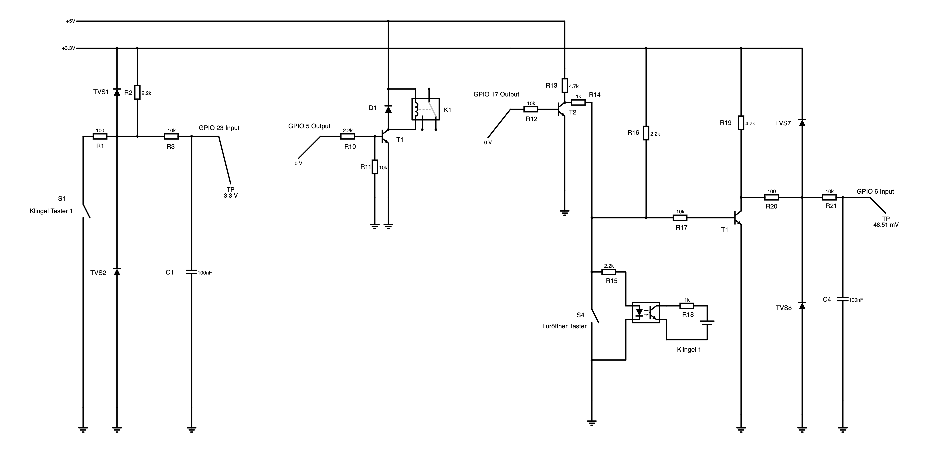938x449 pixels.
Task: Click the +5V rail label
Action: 71,21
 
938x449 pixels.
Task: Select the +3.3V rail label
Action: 69,48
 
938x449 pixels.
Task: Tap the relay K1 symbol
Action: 425,109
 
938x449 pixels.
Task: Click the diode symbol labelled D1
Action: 388,109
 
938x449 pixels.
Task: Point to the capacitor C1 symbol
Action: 192,272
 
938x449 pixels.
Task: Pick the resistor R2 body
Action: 137,92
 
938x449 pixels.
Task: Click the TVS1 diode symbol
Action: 117,92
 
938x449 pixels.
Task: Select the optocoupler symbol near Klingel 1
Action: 646,313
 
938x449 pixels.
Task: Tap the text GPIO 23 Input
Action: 219,128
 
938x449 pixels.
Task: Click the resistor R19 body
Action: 741,123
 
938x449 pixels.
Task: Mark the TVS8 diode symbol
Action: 802,306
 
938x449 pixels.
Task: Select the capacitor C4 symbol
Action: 843,299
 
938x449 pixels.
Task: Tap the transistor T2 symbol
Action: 562,109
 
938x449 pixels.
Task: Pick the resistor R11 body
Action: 375,167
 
